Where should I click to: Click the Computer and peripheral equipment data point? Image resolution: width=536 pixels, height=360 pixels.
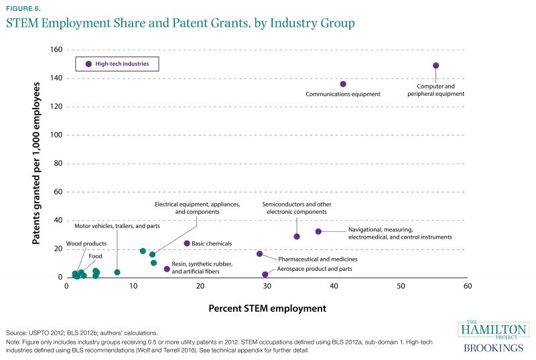436,66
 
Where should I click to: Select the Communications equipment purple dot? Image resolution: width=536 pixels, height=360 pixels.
343,84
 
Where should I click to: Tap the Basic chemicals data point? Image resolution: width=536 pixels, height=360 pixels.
187,243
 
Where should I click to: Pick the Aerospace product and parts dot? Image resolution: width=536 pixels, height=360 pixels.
265,274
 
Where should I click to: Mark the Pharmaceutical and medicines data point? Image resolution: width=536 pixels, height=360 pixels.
259,253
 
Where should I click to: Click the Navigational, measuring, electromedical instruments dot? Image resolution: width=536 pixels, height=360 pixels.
318,231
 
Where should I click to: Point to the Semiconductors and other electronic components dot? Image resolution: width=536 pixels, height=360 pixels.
297,236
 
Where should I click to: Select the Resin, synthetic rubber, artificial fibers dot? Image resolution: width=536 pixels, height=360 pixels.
167,269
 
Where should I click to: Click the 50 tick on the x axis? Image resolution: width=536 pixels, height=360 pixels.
401,286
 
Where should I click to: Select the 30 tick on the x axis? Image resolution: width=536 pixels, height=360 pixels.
267,286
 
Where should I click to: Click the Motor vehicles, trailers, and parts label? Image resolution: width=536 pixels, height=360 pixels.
117,226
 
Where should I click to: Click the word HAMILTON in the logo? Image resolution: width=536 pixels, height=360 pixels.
493,331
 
